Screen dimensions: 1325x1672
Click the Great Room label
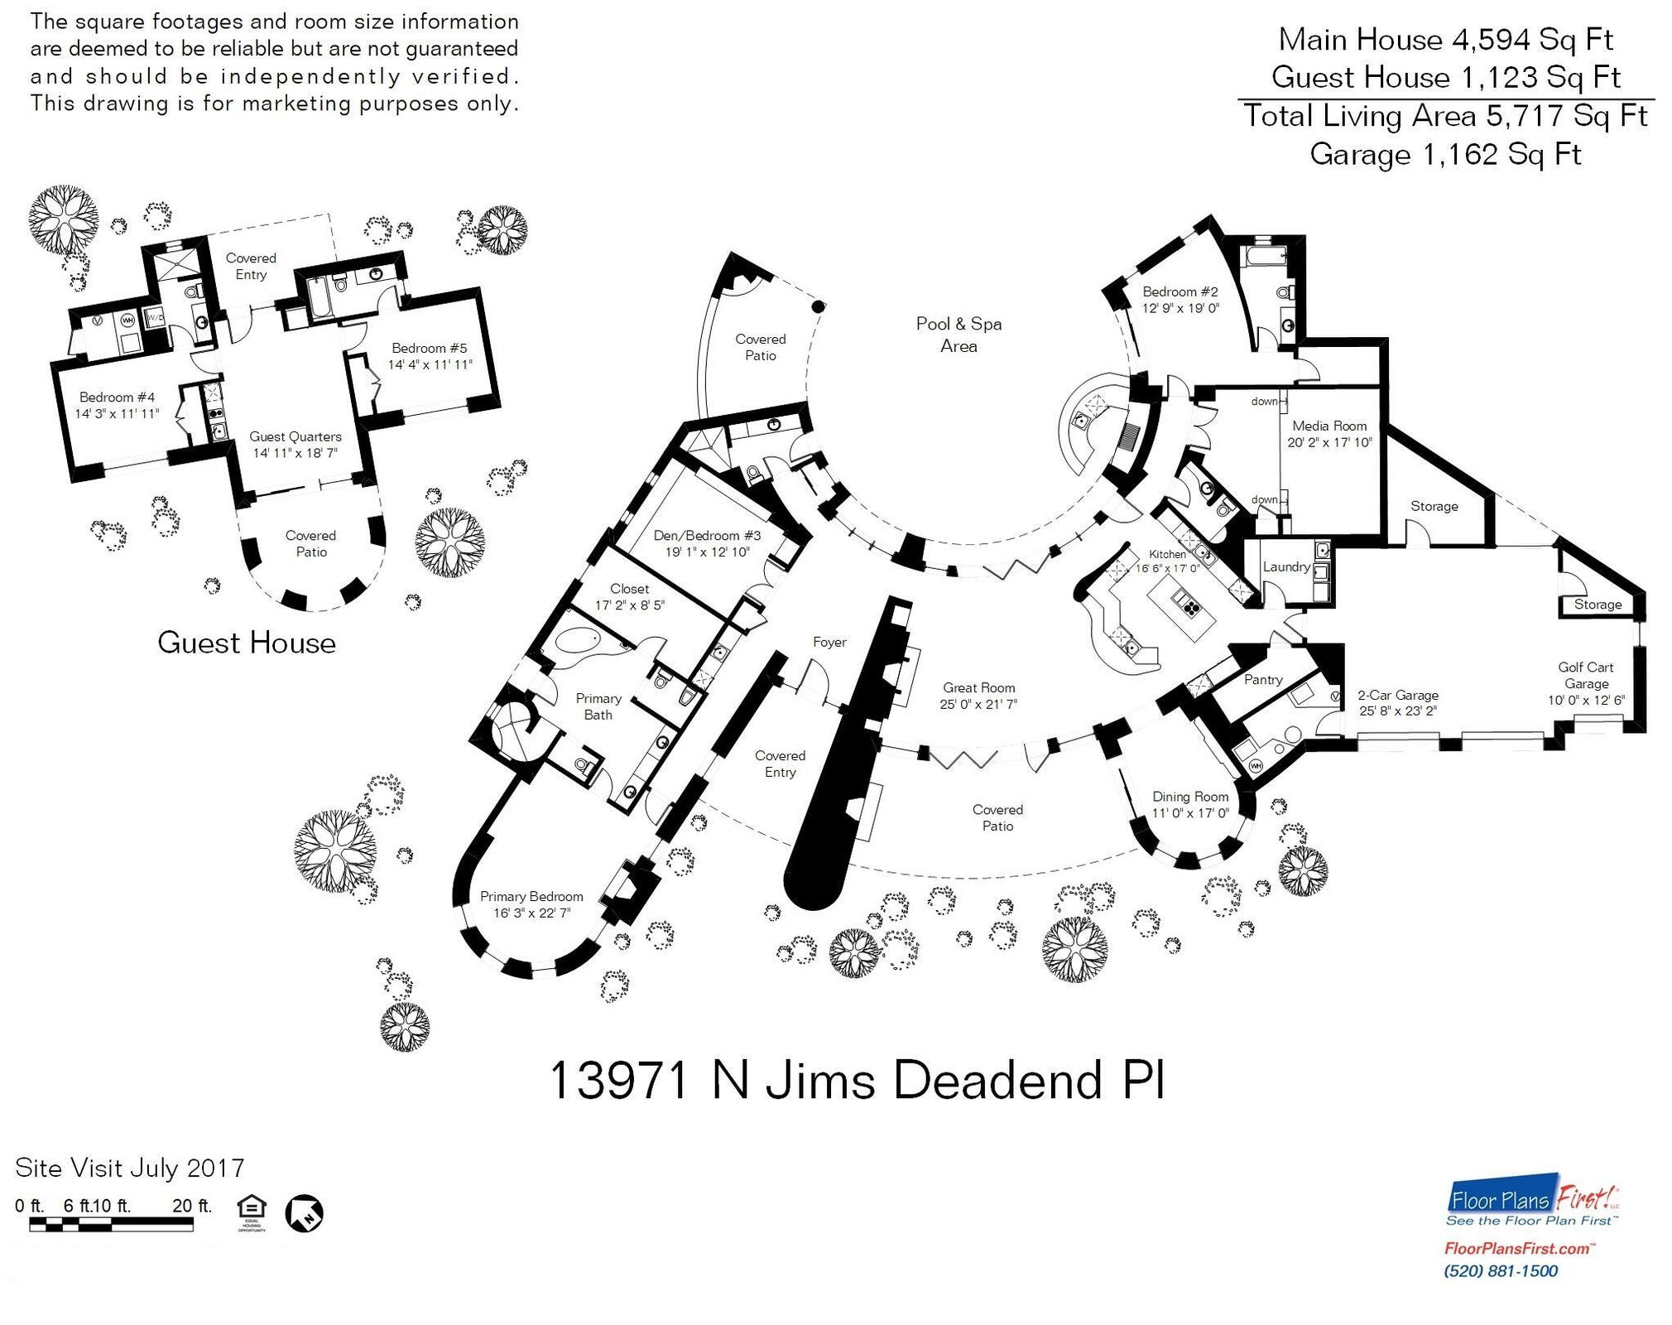(978, 687)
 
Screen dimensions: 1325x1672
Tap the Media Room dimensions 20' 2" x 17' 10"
(1329, 442)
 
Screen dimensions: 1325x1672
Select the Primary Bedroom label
(531, 897)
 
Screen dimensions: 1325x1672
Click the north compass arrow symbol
(304, 1214)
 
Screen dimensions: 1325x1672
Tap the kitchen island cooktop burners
(1190, 609)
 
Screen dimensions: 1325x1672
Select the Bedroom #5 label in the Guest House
(430, 348)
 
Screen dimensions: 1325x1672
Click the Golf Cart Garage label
(1586, 675)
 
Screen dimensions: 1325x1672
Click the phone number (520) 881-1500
(1501, 1270)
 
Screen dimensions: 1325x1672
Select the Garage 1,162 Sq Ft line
(1445, 155)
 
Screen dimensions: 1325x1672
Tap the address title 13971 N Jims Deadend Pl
(857, 1082)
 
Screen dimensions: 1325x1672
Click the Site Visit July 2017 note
(130, 1168)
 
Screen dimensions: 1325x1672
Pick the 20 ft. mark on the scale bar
(192, 1206)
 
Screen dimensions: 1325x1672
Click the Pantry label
(1263, 679)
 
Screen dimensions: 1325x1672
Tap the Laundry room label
(1285, 567)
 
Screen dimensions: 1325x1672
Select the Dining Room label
(1190, 797)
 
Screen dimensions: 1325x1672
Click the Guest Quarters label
(295, 436)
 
